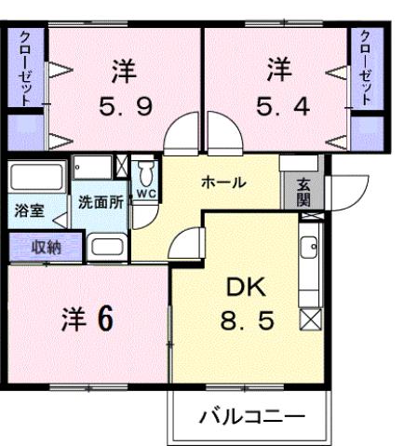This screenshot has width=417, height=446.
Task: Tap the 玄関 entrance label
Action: point(304,192)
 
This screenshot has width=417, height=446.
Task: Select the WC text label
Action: point(146,194)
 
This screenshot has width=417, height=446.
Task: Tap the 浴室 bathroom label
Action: point(28,211)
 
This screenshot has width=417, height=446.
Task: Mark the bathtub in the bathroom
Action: point(36,178)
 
